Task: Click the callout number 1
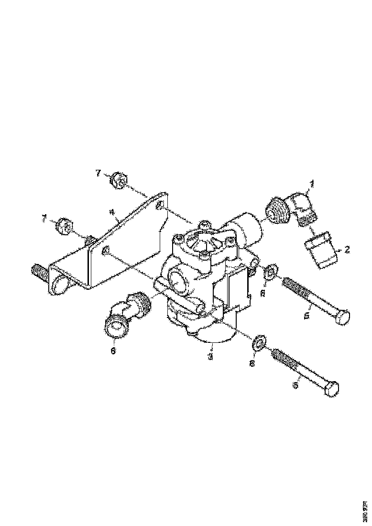coord(312,183)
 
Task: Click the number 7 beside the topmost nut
coord(98,173)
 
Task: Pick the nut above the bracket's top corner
coord(119,181)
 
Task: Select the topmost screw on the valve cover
coord(204,224)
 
